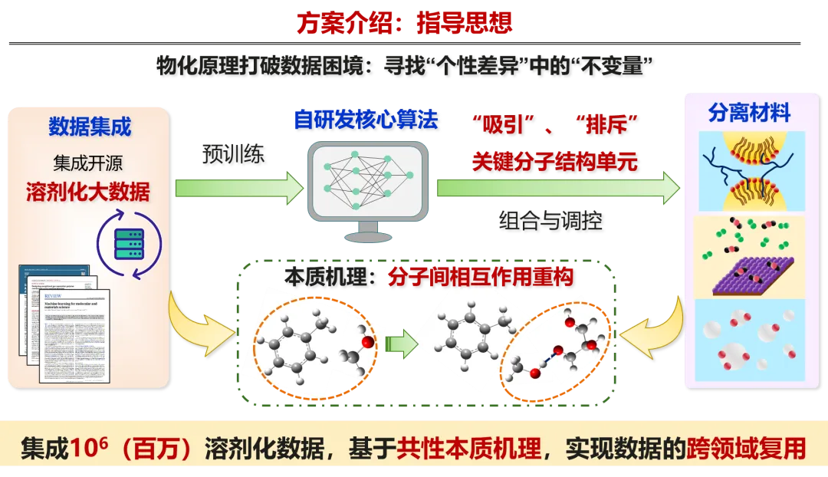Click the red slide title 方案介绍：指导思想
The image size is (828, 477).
(404, 22)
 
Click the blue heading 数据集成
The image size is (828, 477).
(90, 127)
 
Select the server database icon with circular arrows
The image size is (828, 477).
(129, 246)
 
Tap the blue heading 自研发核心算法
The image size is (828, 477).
(366, 120)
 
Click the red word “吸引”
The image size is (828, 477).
(502, 125)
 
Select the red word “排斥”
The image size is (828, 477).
(612, 125)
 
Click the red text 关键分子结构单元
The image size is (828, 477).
(556, 162)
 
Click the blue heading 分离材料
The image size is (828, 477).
(749, 114)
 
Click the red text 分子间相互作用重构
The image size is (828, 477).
(481, 277)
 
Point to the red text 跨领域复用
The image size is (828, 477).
(745, 449)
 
